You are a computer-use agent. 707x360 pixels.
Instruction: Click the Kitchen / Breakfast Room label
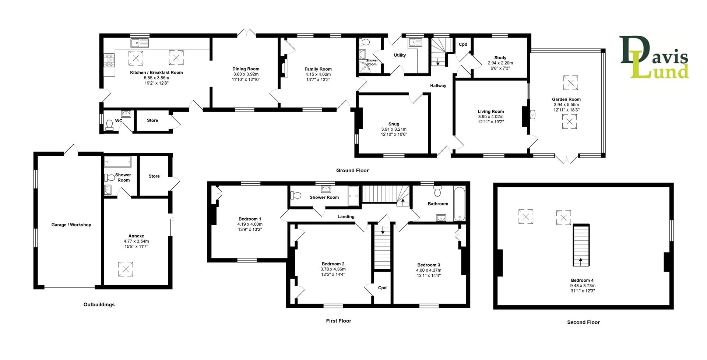tap(156, 73)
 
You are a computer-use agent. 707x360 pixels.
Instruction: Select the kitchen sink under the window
tap(139, 43)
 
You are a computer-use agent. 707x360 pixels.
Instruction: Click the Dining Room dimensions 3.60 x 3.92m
tap(246, 74)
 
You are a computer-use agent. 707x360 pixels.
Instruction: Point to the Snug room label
tap(393, 124)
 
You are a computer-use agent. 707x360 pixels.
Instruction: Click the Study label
tap(500, 58)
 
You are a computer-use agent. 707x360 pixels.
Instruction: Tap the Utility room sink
tap(415, 43)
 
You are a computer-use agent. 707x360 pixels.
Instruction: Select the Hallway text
tap(438, 86)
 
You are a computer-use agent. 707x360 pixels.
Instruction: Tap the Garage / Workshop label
tap(71, 225)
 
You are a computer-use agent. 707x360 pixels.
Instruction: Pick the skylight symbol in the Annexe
tap(125, 269)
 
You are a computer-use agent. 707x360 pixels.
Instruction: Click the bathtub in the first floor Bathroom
tap(460, 204)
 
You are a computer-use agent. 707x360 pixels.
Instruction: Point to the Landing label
tap(346, 217)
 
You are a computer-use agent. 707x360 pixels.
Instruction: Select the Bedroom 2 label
tap(333, 264)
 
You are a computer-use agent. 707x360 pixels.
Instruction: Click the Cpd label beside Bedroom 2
tap(382, 288)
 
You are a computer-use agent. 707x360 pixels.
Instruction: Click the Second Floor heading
tap(583, 322)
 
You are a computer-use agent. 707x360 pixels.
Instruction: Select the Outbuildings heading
tap(99, 305)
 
